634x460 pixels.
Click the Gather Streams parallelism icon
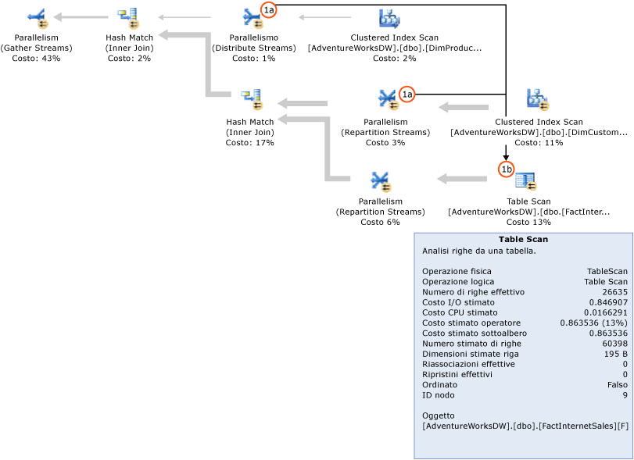37,16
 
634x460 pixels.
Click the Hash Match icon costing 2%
127,16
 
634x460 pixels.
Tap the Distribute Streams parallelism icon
252,17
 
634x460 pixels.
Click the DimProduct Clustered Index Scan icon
389,17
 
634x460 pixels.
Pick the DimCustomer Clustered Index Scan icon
538,99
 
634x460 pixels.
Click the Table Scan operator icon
525,180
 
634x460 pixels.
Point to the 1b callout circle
506,169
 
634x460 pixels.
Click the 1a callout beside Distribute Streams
269,9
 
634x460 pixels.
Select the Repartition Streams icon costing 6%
381,180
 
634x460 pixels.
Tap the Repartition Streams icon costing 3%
388,99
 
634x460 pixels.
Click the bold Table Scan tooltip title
523,240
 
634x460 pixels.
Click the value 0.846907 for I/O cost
607,301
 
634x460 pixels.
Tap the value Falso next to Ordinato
615,384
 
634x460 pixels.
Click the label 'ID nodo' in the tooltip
439,394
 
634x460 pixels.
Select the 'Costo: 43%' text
36,58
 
